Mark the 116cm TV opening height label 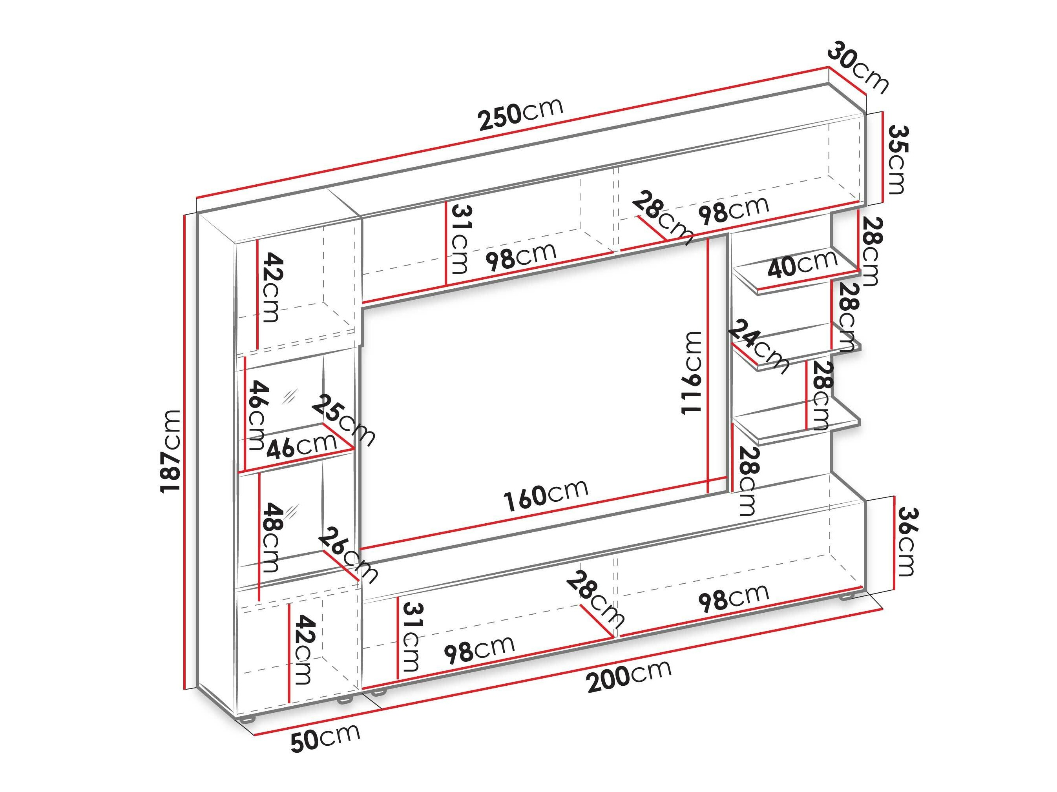692,372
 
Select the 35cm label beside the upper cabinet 897,159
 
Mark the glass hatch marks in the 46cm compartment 290,396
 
